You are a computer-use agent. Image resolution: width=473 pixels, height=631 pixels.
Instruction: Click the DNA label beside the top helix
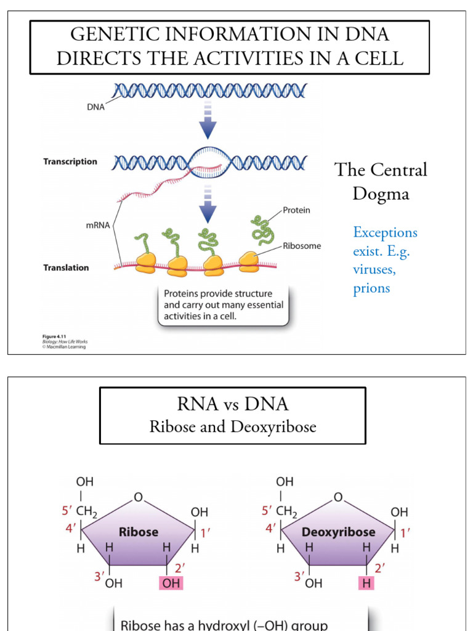pos(95,106)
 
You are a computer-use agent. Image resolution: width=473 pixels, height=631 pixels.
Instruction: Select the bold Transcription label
pos(70,161)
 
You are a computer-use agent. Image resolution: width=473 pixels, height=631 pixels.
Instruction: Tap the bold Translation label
pos(66,267)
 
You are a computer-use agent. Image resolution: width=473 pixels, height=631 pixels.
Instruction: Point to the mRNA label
pos(98,225)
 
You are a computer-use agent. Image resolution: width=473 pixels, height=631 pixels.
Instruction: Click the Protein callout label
pos(296,210)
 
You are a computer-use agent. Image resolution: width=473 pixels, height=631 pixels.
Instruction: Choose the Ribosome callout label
pos(302,245)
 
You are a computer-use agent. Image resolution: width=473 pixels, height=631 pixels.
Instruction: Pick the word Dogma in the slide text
pos(381,193)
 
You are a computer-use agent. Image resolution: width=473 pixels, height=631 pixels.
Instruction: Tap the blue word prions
pos(371,288)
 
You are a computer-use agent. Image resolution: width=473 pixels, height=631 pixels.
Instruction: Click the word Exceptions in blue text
pos(385,232)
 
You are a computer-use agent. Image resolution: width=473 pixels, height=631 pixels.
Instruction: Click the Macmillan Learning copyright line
pos(64,347)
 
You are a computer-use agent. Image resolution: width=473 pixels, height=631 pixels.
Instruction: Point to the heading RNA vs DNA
pos(232,404)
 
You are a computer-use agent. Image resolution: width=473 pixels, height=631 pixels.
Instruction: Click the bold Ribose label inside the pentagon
pos(139,531)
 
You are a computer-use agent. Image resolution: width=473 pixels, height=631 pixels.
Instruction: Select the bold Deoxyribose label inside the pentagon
pos(338,531)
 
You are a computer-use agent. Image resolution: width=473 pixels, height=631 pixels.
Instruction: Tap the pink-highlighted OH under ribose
pos(172,583)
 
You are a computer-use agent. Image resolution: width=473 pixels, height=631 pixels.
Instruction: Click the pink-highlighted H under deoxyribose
pos(367,583)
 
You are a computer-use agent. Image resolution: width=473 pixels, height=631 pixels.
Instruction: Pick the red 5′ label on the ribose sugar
pos(68,511)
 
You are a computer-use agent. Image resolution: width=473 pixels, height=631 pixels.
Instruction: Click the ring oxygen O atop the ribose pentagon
pos(138,497)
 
